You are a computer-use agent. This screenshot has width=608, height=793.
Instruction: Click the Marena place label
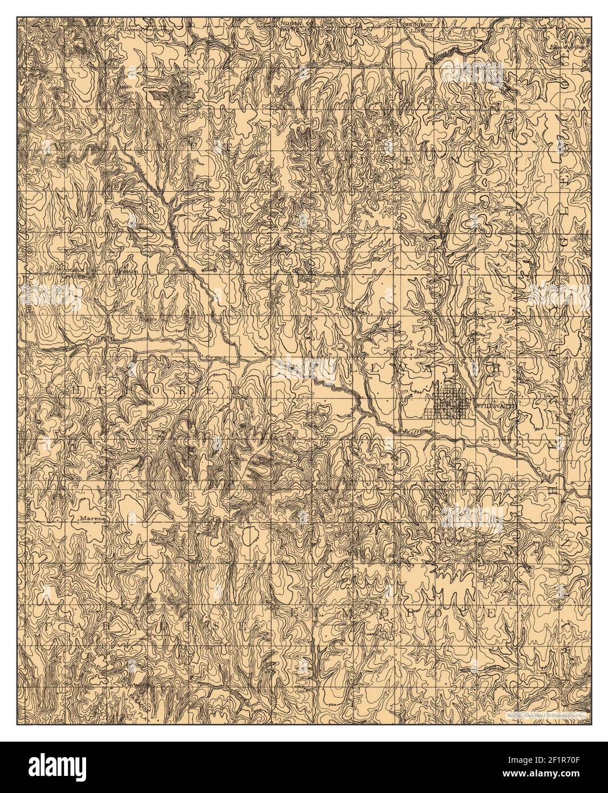88,519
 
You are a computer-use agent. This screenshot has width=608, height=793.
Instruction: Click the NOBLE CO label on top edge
295,25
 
